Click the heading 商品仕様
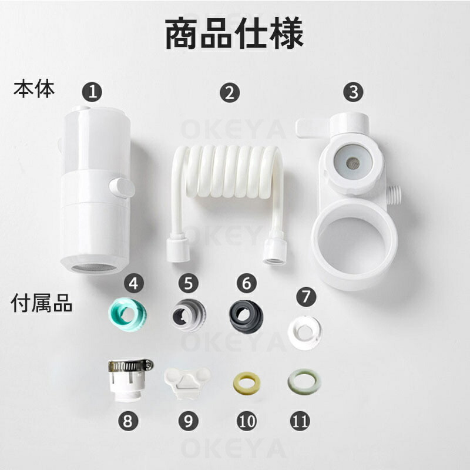click(x=234, y=33)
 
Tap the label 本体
click(x=34, y=89)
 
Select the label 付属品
click(x=41, y=303)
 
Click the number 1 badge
click(x=92, y=92)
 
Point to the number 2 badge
click(x=230, y=93)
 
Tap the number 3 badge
click(x=354, y=92)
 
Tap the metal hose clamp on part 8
click(x=130, y=365)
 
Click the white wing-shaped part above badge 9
click(x=187, y=383)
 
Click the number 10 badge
click(x=247, y=421)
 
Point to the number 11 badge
click(x=300, y=421)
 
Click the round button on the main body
click(x=122, y=188)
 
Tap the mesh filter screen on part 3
click(x=353, y=163)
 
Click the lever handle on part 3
click(x=313, y=128)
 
